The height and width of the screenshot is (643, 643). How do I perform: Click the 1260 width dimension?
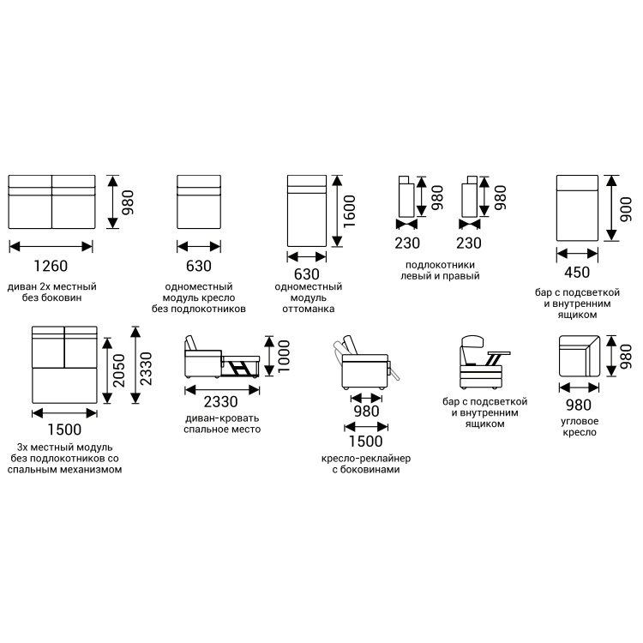coord(51,267)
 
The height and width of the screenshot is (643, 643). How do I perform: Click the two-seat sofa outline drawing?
coord(51,201)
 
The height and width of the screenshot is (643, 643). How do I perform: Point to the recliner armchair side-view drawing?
coord(365,364)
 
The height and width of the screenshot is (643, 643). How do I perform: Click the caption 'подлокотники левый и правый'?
coord(440,270)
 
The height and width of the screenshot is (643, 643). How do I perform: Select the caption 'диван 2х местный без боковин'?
coord(51,292)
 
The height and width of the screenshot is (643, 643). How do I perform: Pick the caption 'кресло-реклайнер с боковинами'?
coord(365,464)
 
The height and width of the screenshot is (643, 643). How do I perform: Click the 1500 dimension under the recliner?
coord(365,442)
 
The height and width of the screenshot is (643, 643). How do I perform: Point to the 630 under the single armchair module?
coord(198,267)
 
